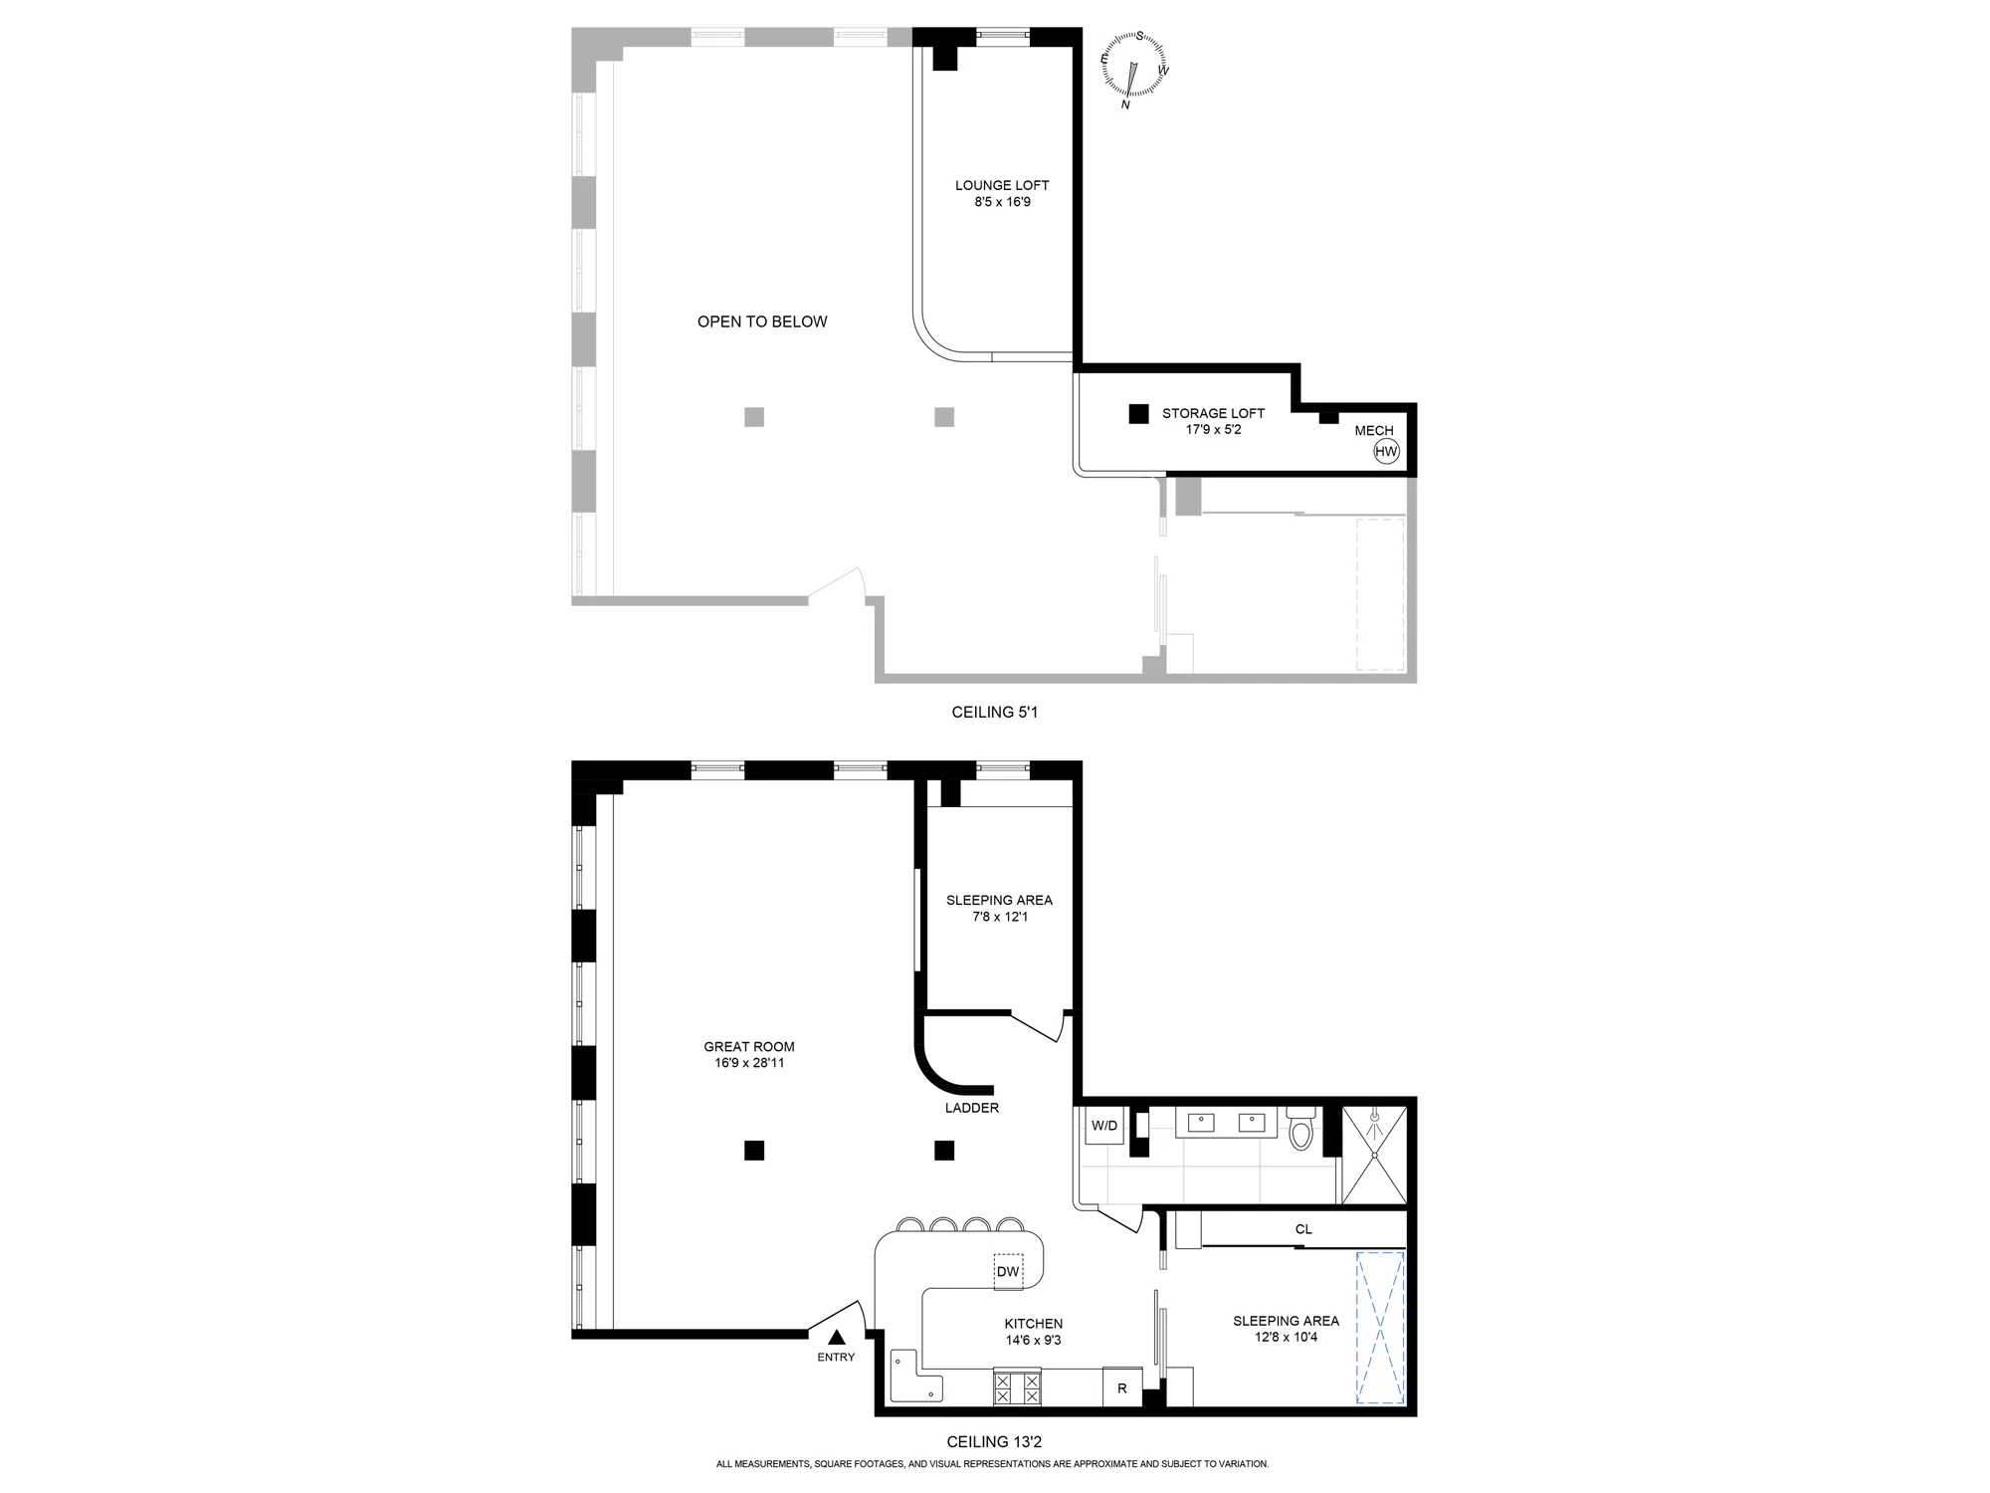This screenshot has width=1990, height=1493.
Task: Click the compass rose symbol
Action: pos(1134,67)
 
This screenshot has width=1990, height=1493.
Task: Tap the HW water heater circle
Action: pos(1386,452)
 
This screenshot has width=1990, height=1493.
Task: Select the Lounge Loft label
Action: pos(1002,185)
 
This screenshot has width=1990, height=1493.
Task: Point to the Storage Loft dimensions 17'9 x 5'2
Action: pos(1213,430)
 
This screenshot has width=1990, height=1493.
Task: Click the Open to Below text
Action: pos(762,321)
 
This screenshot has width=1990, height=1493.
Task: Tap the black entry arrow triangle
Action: pos(837,1338)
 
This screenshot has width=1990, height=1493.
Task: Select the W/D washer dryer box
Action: pos(1104,1126)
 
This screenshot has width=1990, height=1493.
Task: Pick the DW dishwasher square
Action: pos(1008,1271)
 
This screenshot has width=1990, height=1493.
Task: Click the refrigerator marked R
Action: pos(1122,1388)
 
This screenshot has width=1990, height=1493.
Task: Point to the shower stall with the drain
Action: pos(1374,1155)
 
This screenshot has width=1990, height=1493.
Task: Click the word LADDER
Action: pos(972,1108)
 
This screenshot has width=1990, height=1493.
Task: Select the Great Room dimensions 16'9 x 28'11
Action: pos(749,1063)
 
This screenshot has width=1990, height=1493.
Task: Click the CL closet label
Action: pos(1303,1229)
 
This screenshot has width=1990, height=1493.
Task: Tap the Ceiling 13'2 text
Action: pos(994,1442)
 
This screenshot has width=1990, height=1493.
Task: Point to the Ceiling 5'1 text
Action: pos(994,713)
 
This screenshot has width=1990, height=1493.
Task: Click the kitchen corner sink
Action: pos(915,1377)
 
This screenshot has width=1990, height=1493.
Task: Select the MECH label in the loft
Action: pos(1374,431)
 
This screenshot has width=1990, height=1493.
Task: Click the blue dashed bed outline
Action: pos(1380,1328)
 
